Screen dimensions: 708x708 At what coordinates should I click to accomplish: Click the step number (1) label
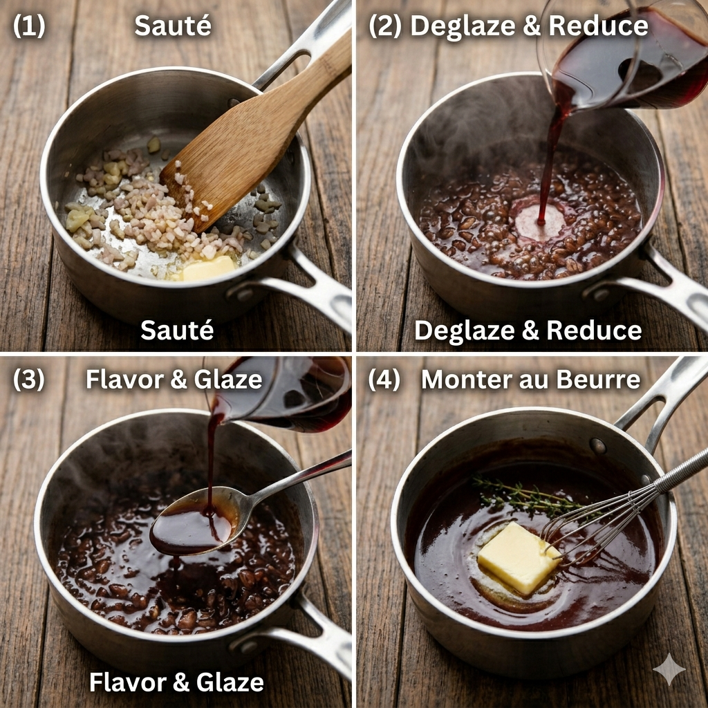pyautogui.click(x=29, y=26)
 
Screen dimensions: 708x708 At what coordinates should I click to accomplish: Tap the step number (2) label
pyautogui.click(x=384, y=26)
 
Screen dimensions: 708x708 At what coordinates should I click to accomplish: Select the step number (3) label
pyautogui.click(x=29, y=380)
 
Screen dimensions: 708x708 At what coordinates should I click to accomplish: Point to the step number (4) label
pyautogui.click(x=384, y=380)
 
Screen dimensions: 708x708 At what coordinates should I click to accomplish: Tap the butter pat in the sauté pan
pyautogui.click(x=208, y=268)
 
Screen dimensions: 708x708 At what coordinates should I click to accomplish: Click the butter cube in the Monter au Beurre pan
pyautogui.click(x=519, y=558)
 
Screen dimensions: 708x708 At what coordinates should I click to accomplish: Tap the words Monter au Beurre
pyautogui.click(x=530, y=380)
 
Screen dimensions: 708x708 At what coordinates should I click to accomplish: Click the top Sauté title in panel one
pyautogui.click(x=173, y=26)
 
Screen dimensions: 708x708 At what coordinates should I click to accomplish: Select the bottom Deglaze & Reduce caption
pyautogui.click(x=528, y=330)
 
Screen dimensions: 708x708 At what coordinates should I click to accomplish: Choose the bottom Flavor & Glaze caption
pyautogui.click(x=176, y=682)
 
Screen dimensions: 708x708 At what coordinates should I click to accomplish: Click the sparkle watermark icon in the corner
pyautogui.click(x=669, y=669)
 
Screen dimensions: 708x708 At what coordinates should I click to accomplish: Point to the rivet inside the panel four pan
pyautogui.click(x=598, y=446)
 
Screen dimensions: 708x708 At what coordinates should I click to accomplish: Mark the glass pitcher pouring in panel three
pyautogui.click(x=280, y=393)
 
